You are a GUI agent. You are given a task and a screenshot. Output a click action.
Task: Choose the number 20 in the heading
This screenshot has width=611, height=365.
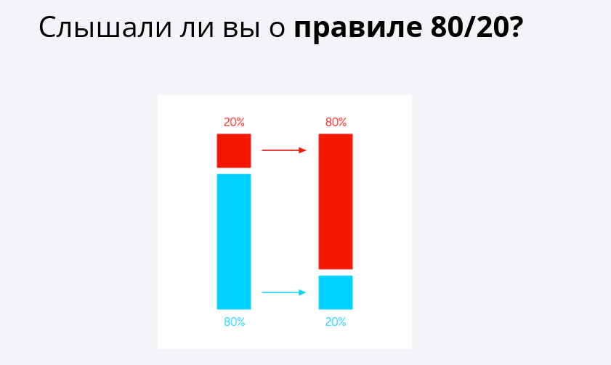(487, 28)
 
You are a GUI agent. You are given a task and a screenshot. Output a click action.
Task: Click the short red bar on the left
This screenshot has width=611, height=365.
(233, 150)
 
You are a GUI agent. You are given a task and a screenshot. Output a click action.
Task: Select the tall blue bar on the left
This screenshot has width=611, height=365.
(233, 241)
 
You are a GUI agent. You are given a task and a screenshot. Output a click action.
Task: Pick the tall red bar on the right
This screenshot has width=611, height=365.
(336, 201)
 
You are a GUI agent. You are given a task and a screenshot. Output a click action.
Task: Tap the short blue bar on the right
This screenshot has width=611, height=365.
(336, 292)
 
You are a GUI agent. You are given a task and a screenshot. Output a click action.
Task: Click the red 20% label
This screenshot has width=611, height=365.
(233, 123)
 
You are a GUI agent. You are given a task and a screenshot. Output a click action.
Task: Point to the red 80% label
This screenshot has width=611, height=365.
(336, 123)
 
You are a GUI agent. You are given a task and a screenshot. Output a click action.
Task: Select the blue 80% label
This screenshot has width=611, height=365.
(234, 322)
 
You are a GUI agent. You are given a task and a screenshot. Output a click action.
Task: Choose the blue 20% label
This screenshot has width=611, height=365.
(336, 322)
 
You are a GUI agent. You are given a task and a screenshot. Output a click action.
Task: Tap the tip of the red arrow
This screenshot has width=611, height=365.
(304, 150)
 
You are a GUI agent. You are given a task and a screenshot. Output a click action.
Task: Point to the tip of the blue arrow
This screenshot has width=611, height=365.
(304, 292)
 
